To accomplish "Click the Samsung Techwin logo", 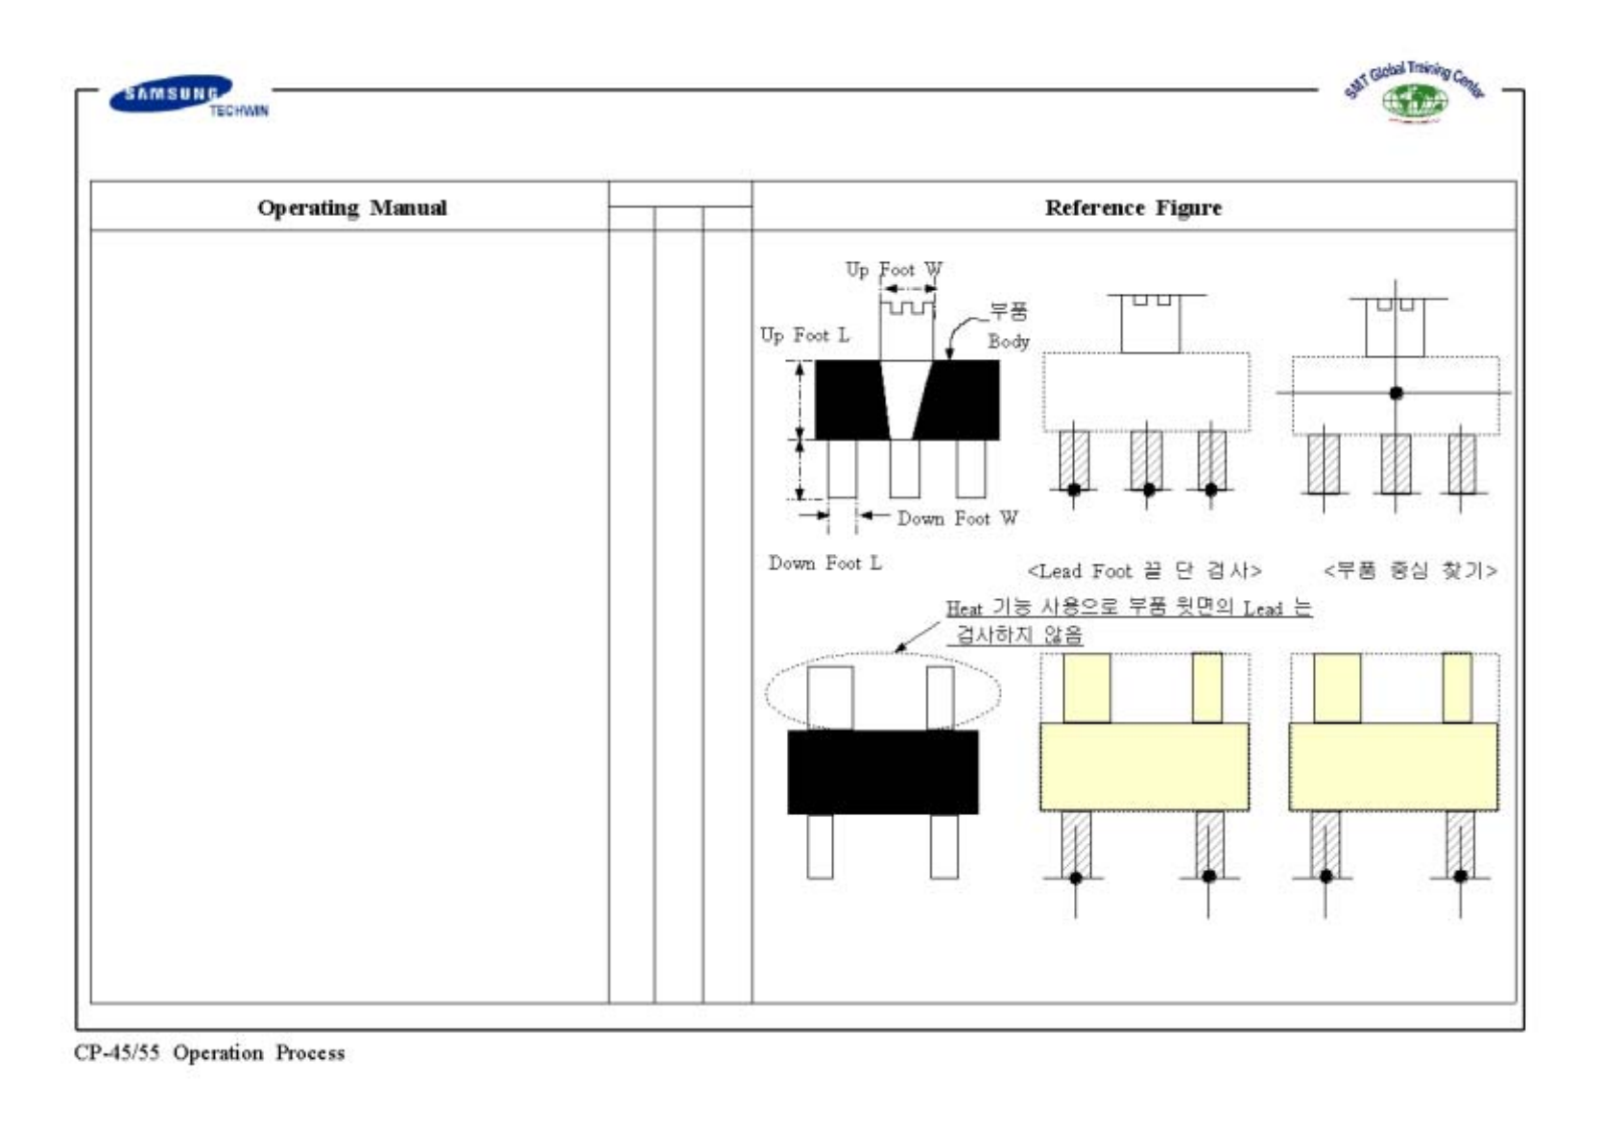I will (x=182, y=95).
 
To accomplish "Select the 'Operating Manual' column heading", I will (x=351, y=207).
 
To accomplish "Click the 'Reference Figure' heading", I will (x=1133, y=207).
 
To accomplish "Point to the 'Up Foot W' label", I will (x=894, y=270).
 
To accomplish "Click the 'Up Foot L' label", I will (x=804, y=335).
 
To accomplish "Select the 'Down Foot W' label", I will (x=957, y=518).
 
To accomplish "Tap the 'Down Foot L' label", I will (x=824, y=564).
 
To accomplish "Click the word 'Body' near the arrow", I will (x=1008, y=341).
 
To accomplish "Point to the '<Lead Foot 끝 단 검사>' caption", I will (x=1144, y=571).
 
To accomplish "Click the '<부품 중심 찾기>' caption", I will (x=1409, y=570).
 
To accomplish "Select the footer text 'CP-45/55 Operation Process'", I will (x=209, y=1053).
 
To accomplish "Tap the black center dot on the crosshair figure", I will (x=1396, y=393).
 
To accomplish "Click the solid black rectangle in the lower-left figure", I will (x=882, y=772).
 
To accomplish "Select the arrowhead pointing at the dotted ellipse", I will (x=900, y=648).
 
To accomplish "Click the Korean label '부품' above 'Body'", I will (x=1009, y=311).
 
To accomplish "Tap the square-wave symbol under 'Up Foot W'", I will (x=907, y=308).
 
